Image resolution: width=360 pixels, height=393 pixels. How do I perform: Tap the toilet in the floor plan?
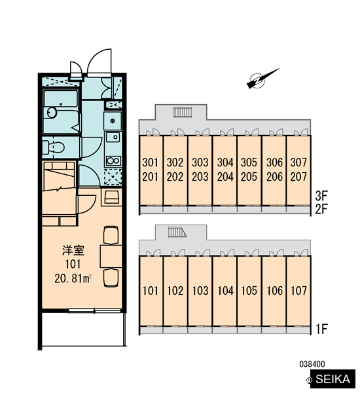(53, 147)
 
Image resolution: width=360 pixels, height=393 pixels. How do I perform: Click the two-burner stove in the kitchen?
(113, 160)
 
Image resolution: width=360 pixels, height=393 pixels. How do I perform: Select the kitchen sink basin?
(113, 137)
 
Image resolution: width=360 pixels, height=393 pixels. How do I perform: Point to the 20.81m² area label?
(73, 278)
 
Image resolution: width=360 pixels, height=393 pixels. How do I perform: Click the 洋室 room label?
(73, 250)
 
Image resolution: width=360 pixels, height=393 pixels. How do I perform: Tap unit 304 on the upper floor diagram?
(225, 162)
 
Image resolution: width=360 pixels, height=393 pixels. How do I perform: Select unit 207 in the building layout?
(298, 177)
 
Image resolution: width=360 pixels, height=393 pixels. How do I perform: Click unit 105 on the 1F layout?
(249, 290)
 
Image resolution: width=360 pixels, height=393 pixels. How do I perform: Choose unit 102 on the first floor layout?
(175, 290)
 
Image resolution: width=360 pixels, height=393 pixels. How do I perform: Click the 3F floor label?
(321, 196)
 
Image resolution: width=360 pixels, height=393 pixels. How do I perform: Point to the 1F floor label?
(321, 329)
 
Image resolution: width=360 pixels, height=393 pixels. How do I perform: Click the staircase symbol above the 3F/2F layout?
(183, 112)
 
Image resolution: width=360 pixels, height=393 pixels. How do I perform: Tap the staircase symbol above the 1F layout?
(177, 232)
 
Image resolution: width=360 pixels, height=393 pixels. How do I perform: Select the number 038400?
(312, 364)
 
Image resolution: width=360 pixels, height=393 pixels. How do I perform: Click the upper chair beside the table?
(111, 235)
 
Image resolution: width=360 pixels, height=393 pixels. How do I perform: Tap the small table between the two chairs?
(111, 256)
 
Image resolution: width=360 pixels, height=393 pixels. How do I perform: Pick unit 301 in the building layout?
(151, 162)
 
